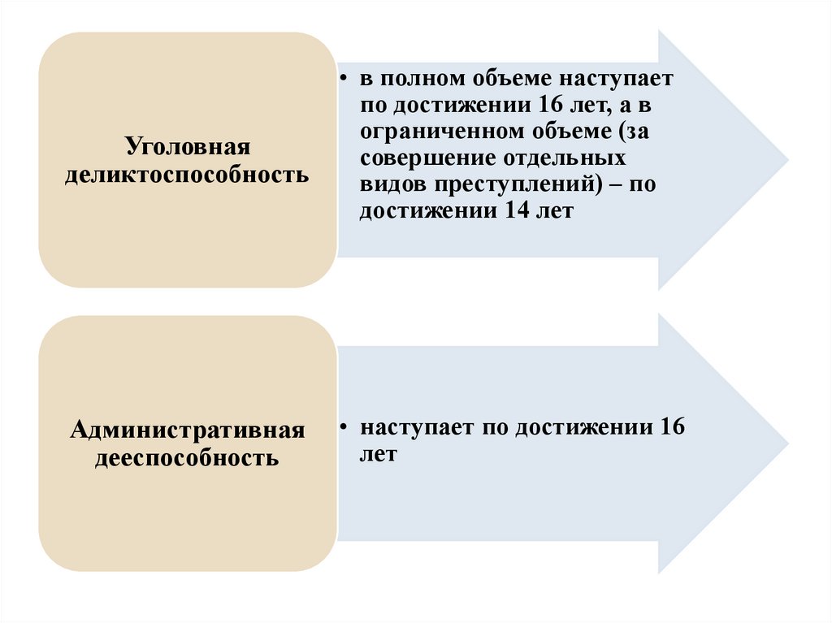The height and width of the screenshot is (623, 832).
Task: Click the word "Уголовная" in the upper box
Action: click(186, 148)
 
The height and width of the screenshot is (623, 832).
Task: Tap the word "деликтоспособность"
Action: click(187, 175)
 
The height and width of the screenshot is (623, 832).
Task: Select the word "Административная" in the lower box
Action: click(187, 430)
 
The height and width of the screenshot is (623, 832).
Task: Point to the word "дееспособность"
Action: click(187, 457)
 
